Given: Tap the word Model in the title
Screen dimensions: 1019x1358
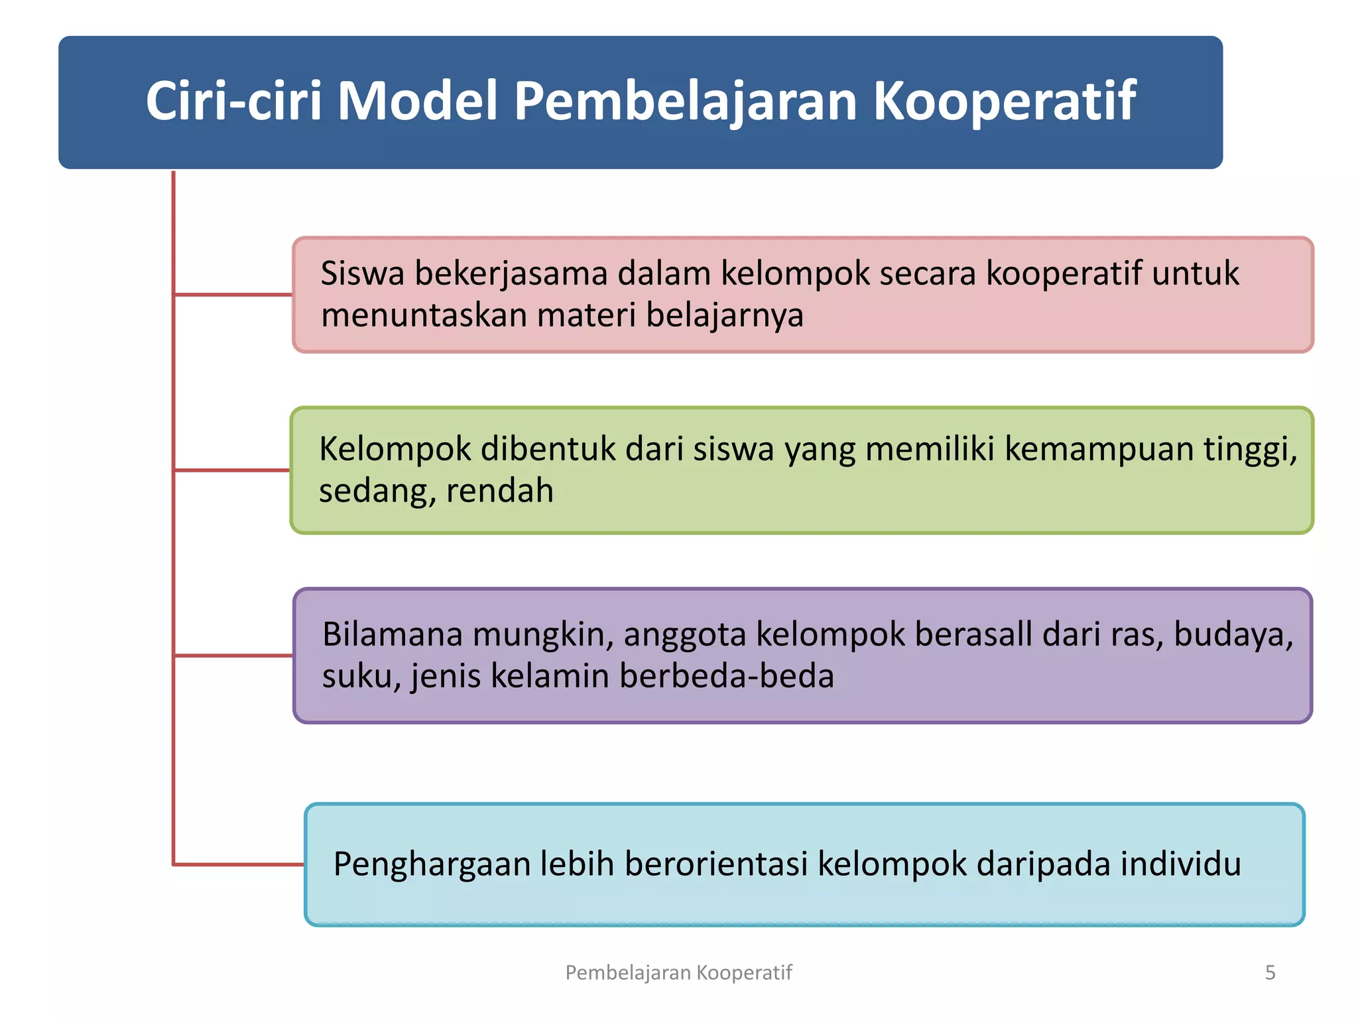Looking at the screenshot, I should point(417,102).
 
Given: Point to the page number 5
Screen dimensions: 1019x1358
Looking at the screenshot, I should point(1270,973).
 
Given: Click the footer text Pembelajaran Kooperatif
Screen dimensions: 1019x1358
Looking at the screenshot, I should point(678,973).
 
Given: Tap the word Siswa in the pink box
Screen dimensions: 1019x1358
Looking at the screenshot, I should point(362,273).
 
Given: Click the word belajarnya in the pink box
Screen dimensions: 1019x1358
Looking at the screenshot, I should point(724,316).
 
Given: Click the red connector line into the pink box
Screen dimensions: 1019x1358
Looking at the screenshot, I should point(232,294).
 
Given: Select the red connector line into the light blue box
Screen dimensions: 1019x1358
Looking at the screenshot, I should point(239,864).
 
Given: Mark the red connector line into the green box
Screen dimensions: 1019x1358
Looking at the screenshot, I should point(232,470).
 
